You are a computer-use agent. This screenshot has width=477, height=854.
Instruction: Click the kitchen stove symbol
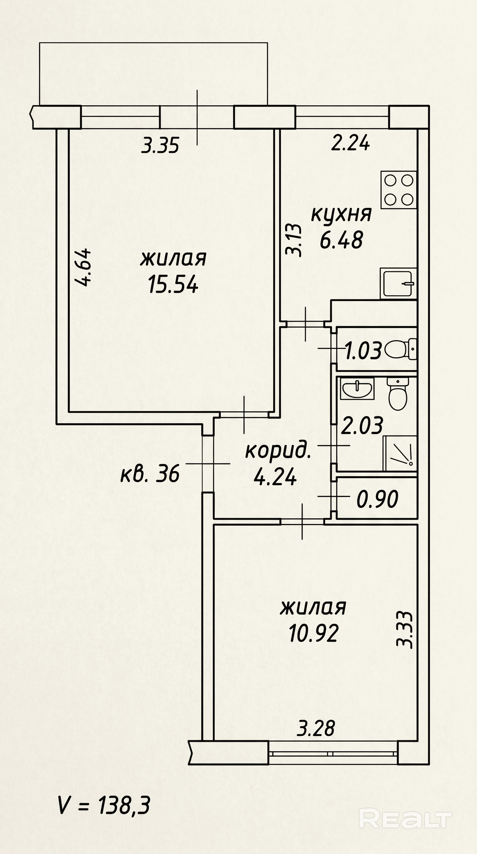398,190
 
